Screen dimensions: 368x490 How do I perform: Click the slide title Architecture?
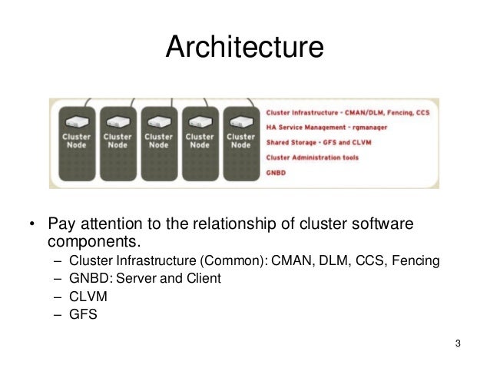point(245,48)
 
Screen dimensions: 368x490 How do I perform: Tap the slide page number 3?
point(458,343)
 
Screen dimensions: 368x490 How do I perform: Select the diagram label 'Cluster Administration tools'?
point(312,157)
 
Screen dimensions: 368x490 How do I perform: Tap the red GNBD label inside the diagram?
point(275,171)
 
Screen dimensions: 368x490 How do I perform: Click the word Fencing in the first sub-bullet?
point(416,260)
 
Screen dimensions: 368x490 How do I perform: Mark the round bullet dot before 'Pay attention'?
point(31,225)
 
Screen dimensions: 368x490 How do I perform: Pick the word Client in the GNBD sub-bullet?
point(202,278)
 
